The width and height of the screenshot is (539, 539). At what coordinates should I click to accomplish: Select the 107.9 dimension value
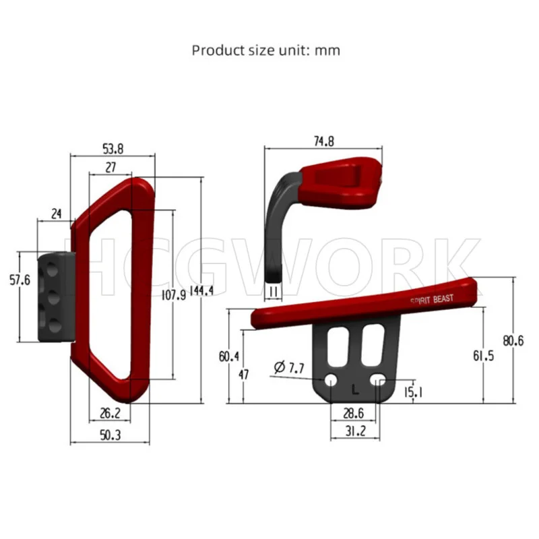pyautogui.click(x=174, y=294)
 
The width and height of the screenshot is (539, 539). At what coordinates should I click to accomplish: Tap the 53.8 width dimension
pyautogui.click(x=112, y=148)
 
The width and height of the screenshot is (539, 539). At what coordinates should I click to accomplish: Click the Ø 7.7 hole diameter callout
pyautogui.click(x=289, y=367)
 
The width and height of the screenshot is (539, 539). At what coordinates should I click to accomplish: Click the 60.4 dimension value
pyautogui.click(x=228, y=356)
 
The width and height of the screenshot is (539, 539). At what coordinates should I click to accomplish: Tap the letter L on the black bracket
pyautogui.click(x=355, y=389)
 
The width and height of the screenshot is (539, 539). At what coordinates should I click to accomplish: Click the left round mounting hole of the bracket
pyautogui.click(x=331, y=381)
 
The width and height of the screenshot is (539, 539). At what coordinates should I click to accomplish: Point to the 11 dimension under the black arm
pyautogui.click(x=274, y=290)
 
